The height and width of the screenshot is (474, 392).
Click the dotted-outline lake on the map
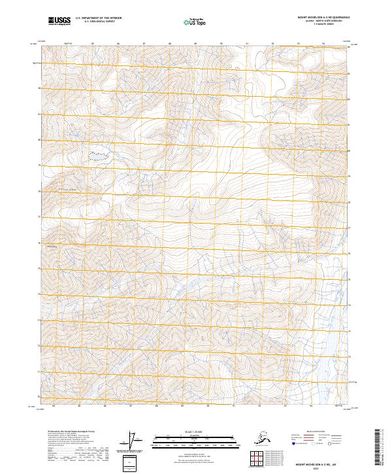[x=98, y=156]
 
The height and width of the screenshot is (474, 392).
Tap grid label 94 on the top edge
[x=323, y=44]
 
